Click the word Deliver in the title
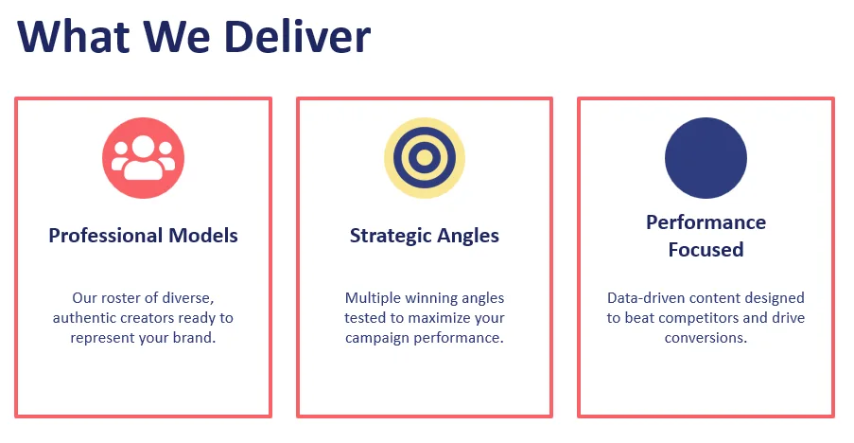(x=297, y=37)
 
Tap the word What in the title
(x=74, y=37)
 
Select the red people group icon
(x=143, y=158)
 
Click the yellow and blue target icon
(x=425, y=158)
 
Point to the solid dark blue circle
(x=706, y=158)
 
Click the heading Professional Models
(x=143, y=236)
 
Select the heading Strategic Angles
(x=425, y=236)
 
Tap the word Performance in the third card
(x=706, y=222)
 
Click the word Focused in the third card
(x=706, y=250)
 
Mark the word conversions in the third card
(x=706, y=338)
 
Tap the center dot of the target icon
(x=425, y=158)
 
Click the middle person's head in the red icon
(x=143, y=146)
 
